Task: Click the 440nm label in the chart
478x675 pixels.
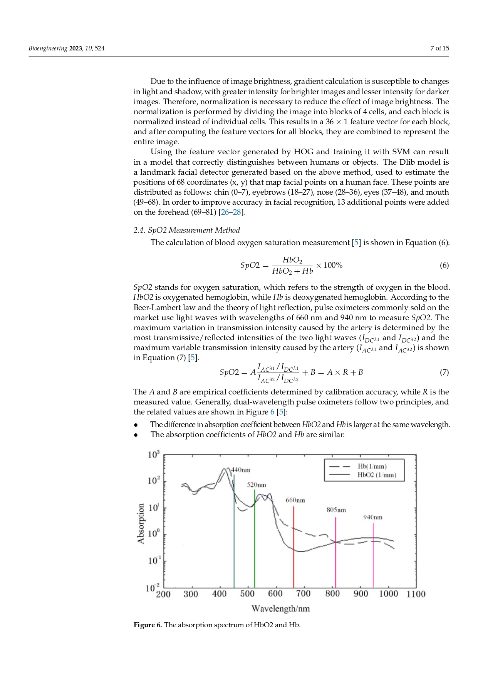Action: coord(241,470)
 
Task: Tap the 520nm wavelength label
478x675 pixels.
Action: coord(257,485)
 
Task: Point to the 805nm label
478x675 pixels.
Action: coord(336,510)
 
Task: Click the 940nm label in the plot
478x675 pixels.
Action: coord(373,517)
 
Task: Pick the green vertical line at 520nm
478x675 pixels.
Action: coord(255,539)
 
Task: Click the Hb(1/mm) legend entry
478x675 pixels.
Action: coord(372,466)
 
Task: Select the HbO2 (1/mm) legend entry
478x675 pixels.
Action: coord(376,475)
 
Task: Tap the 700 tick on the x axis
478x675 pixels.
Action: coord(303,594)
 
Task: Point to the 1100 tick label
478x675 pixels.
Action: coord(416,594)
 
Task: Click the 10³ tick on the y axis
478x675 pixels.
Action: coord(153,454)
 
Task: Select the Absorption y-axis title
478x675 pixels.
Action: coord(141,523)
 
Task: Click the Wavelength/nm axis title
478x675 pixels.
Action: coord(280,608)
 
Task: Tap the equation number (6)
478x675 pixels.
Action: coord(444,265)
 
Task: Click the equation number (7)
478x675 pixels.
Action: coord(444,372)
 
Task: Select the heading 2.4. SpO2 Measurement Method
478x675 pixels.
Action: coord(186,230)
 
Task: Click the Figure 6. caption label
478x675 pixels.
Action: coord(148,625)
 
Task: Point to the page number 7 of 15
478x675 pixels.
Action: coord(439,48)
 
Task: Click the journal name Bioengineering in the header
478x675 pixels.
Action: coord(48,48)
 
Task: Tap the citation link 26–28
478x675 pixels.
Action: coord(231,212)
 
